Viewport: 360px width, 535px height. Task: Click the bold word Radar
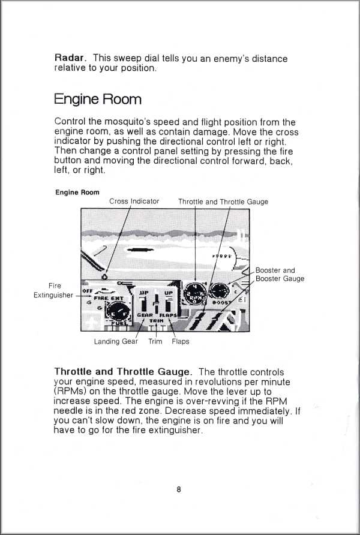click(70, 58)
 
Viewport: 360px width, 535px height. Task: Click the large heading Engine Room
click(98, 100)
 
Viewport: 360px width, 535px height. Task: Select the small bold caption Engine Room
click(77, 193)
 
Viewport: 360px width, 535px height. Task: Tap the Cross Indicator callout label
click(134, 202)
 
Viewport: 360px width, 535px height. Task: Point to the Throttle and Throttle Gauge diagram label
click(223, 202)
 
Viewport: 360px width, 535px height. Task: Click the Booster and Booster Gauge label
click(280, 274)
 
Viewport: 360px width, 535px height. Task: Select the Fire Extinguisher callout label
click(53, 290)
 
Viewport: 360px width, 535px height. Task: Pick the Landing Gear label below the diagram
click(116, 341)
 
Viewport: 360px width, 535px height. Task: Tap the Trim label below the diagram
click(155, 341)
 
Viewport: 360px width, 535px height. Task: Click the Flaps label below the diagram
click(181, 341)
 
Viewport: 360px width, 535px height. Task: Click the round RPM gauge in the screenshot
click(195, 293)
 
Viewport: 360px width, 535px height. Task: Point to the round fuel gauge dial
click(118, 312)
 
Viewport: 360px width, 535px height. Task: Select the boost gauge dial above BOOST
click(219, 291)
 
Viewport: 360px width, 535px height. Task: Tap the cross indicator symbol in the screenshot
click(105, 276)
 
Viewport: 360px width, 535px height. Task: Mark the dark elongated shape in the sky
click(140, 250)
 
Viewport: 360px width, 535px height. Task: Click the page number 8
click(179, 489)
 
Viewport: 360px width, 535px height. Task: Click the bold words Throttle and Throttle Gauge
click(123, 372)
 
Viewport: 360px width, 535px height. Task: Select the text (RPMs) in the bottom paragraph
click(70, 392)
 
